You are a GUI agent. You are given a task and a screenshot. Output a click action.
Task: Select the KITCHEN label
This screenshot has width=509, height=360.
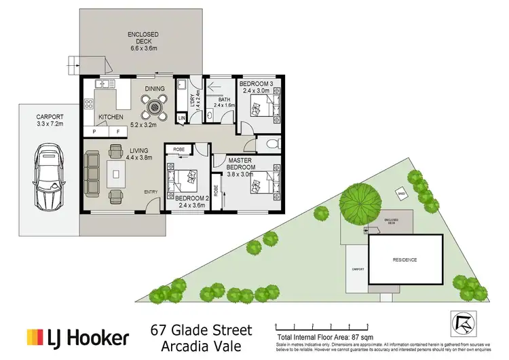pos(111,118)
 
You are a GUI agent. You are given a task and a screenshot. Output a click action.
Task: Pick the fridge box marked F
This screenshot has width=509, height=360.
pos(117,130)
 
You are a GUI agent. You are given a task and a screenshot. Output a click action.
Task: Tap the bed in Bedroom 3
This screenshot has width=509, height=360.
pos(261,107)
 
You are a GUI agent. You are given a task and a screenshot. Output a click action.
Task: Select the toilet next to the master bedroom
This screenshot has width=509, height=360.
pos(270,143)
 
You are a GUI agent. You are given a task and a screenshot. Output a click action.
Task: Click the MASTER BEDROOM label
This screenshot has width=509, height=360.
pos(241,163)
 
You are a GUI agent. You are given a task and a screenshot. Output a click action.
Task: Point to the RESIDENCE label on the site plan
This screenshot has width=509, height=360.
pos(404,260)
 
